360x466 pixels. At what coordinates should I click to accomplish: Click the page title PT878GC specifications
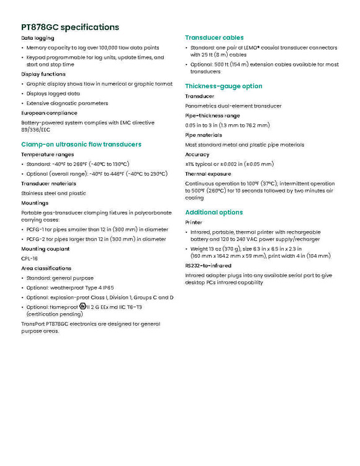pos(70,27)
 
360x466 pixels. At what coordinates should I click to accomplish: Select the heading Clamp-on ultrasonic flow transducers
pos(81,145)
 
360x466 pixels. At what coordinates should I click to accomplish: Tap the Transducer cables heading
pos(214,38)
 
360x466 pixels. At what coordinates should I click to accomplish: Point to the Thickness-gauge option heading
pos(223,86)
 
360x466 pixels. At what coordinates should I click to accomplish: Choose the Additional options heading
pos(214,212)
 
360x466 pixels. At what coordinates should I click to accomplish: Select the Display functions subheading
pos(43,74)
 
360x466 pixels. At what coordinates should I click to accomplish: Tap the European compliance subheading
pos(49,113)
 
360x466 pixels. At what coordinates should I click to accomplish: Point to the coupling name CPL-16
pos(29,258)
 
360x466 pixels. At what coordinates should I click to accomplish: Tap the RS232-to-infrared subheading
pos(208,266)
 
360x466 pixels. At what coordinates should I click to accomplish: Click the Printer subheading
pos(194,222)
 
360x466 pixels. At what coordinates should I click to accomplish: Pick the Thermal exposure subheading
pos(208,174)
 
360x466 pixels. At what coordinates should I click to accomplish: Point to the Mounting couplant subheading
pos(45,249)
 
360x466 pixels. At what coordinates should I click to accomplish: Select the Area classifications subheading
pos(46,268)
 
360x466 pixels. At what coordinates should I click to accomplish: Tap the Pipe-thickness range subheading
pos(212,116)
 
